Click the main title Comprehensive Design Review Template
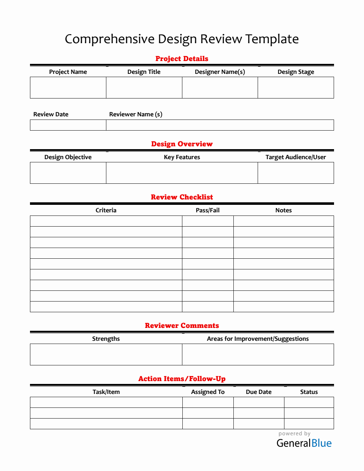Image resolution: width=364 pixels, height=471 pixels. (182, 39)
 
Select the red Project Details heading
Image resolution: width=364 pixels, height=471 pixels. (182, 59)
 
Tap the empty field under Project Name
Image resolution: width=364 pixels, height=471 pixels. (68, 87)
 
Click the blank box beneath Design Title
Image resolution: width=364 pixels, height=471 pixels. (144, 87)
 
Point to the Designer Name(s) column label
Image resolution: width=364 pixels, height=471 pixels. (220, 72)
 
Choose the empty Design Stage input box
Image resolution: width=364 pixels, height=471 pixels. (296, 87)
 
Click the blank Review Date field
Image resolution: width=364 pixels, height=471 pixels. (68, 125)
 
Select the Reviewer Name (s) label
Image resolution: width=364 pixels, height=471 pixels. (136, 114)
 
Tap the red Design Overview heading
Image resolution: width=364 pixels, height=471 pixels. (182, 144)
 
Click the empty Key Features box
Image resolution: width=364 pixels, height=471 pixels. (182, 173)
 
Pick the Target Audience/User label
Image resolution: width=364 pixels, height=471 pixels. (295, 157)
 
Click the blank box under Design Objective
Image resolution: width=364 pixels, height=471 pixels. (68, 173)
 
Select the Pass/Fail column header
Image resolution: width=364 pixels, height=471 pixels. (208, 210)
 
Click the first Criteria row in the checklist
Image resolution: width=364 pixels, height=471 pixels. (106, 221)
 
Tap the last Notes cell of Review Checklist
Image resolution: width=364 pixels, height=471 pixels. (284, 307)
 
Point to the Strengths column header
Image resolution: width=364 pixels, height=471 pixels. (106, 339)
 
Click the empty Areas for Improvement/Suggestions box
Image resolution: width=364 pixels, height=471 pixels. (258, 354)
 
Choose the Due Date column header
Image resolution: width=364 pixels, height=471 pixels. (259, 392)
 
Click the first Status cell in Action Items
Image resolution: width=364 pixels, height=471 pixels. (309, 402)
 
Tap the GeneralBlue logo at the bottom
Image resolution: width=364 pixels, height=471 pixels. (304, 443)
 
